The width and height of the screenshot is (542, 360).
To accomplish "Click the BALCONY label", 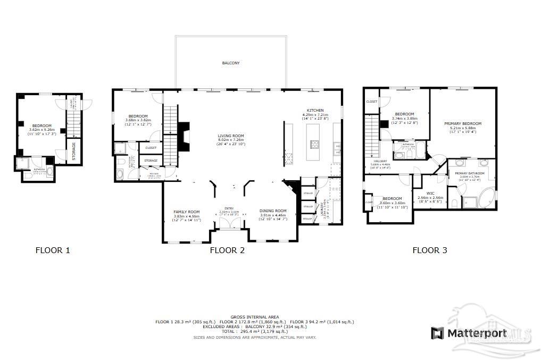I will point(231,63).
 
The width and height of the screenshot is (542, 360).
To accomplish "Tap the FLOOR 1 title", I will point(52,250).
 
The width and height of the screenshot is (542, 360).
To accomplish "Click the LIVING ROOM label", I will point(230,136).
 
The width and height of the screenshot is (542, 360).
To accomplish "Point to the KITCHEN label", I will point(315,111).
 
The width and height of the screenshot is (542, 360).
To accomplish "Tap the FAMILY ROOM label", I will point(186,212).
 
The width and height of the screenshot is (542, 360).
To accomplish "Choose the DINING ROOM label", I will point(273,211).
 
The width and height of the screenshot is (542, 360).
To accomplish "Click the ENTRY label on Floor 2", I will point(229,208).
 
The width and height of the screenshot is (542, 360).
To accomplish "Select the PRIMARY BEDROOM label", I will point(463,123).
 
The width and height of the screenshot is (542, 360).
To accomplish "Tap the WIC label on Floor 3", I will point(431,194).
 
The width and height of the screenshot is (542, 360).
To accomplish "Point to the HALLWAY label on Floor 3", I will point(380,161).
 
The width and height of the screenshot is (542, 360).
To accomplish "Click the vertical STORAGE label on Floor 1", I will point(74,150).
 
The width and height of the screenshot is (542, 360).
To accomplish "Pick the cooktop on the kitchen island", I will point(314,144).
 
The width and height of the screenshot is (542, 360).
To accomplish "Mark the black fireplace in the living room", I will point(183,132).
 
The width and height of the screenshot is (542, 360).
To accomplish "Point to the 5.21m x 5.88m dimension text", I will point(463,128).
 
